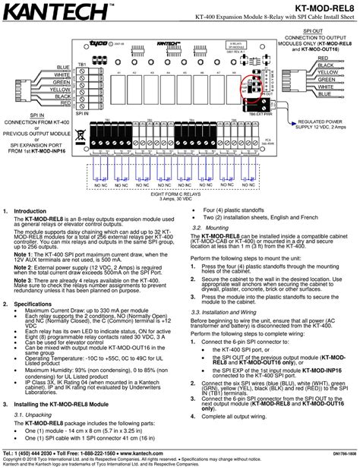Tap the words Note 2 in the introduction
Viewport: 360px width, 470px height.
tap(25, 267)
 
